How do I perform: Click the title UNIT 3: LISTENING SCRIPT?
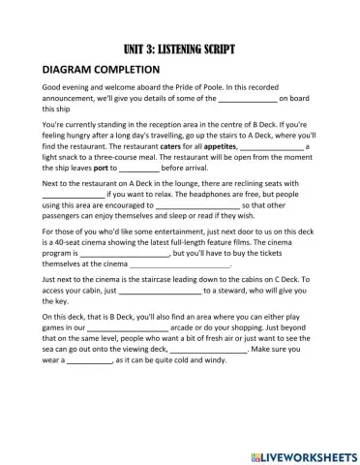[180, 47]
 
